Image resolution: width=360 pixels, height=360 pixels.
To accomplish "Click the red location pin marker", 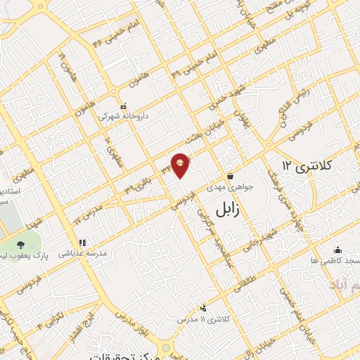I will tap(181, 165).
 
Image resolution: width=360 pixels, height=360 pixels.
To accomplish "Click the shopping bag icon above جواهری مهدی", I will tap(231, 176).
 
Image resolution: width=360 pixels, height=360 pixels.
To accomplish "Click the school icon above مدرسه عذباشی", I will tap(82, 243).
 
